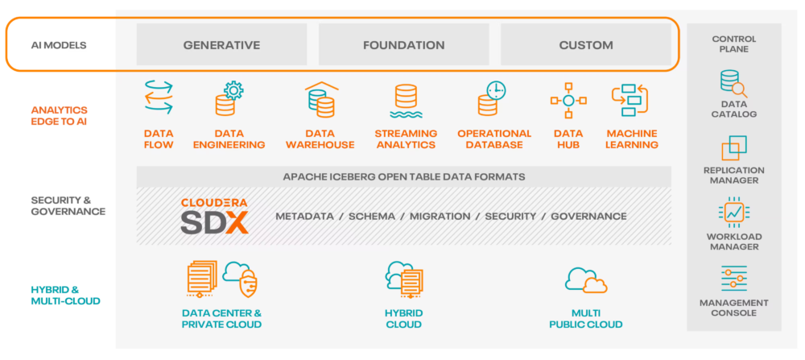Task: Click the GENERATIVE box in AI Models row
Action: click(x=222, y=44)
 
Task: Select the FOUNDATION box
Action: click(x=404, y=44)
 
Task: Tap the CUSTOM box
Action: click(x=586, y=44)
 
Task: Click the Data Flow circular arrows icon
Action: click(x=159, y=97)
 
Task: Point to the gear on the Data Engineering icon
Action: click(x=233, y=90)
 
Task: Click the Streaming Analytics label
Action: click(x=406, y=139)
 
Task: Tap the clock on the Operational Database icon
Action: click(x=497, y=90)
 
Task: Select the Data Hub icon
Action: click(x=568, y=100)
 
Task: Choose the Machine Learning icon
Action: click(x=630, y=101)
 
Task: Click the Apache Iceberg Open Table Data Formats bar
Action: click(x=404, y=176)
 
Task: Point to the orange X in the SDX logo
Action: click(x=237, y=221)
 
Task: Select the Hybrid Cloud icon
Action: click(x=405, y=279)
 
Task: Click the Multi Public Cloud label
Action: click(x=586, y=319)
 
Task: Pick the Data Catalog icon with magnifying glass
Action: click(x=733, y=85)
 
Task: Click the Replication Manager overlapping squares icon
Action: click(x=734, y=148)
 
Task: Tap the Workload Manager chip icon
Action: click(x=734, y=212)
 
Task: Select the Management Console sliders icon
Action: click(x=734, y=279)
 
